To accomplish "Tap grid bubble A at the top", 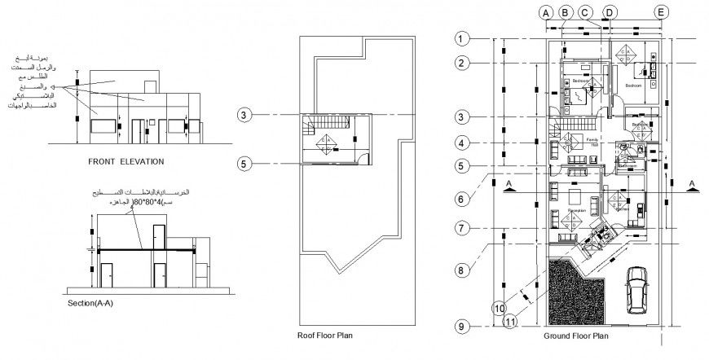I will (x=546, y=11).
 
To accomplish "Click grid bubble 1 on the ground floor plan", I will (x=462, y=38).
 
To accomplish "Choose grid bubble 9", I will (x=462, y=327).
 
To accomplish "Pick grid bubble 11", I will (x=511, y=322).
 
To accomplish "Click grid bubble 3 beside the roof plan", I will (x=244, y=115).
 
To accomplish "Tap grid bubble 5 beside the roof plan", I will (x=244, y=164).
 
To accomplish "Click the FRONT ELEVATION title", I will (x=126, y=162).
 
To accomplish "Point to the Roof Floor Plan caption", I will (x=324, y=334).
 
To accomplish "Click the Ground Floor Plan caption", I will (x=576, y=334).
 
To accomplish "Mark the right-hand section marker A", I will (x=691, y=184).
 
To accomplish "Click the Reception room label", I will (x=577, y=211).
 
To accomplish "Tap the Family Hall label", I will (x=593, y=142).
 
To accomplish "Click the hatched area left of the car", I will (x=576, y=288).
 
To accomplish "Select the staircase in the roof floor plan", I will (x=308, y=126).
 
